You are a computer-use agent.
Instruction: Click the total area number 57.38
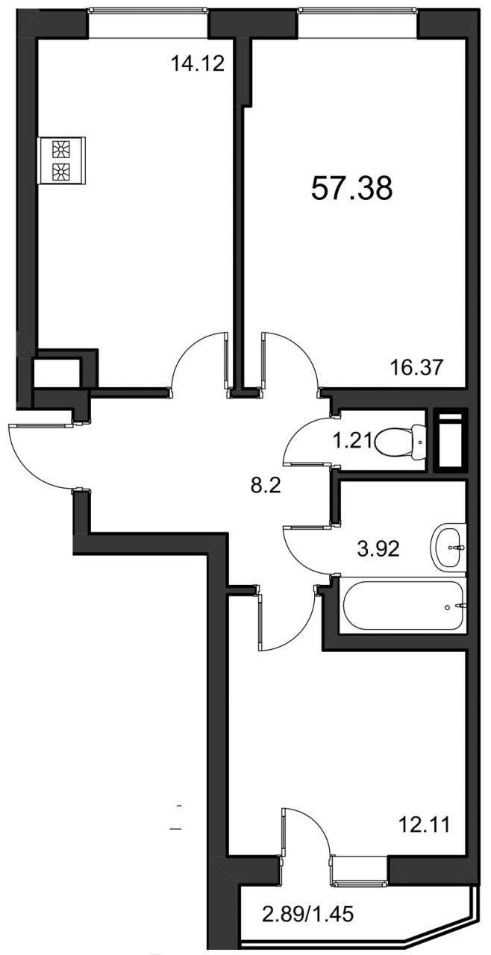pyautogui.click(x=351, y=189)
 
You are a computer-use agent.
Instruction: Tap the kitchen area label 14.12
pyautogui.click(x=197, y=64)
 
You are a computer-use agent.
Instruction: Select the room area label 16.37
pyautogui.click(x=417, y=367)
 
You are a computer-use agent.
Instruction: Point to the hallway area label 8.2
pyautogui.click(x=266, y=486)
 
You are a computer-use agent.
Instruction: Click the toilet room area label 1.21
pyautogui.click(x=352, y=440)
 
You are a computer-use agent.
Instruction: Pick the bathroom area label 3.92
pyautogui.click(x=378, y=549)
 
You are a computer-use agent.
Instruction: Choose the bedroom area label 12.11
pyautogui.click(x=424, y=825)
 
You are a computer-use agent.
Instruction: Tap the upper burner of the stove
pyautogui.click(x=60, y=149)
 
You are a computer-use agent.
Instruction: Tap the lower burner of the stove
pyautogui.click(x=60, y=172)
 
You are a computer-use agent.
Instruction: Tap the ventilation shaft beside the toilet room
pyautogui.click(x=451, y=440)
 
